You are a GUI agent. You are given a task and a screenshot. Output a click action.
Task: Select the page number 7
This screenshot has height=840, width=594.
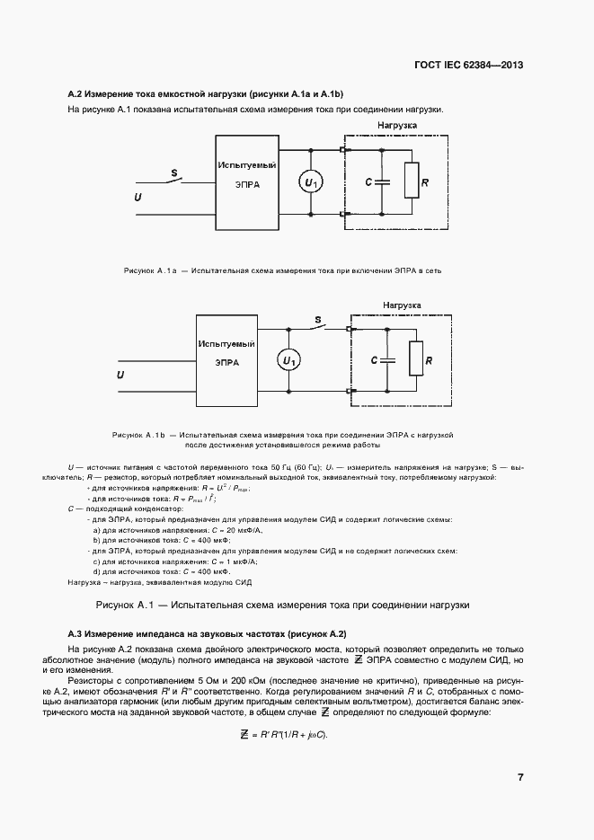(520, 777)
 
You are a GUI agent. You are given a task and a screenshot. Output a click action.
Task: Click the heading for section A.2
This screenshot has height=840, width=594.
(206, 94)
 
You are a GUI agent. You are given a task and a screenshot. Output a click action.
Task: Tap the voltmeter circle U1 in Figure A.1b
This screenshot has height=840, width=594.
(288, 360)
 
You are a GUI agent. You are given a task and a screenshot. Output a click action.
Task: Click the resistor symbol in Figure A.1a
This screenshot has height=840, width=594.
(411, 181)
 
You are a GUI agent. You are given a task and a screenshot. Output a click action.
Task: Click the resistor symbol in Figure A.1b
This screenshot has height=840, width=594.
(415, 359)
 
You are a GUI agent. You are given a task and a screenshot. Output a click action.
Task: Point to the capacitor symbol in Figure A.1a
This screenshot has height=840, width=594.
(383, 181)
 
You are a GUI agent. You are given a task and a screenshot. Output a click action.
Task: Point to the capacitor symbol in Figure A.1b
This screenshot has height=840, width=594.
(386, 359)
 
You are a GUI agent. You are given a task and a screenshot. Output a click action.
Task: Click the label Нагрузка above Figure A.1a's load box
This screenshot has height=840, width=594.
(396, 127)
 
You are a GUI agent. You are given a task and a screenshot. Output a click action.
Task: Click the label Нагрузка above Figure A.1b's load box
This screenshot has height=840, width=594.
(402, 305)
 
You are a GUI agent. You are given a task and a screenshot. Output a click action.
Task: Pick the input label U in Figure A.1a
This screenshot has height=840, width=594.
(137, 196)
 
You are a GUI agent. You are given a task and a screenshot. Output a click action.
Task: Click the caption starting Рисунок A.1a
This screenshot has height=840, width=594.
(282, 270)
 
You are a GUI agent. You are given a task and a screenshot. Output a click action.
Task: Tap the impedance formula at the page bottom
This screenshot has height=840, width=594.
(285, 736)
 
